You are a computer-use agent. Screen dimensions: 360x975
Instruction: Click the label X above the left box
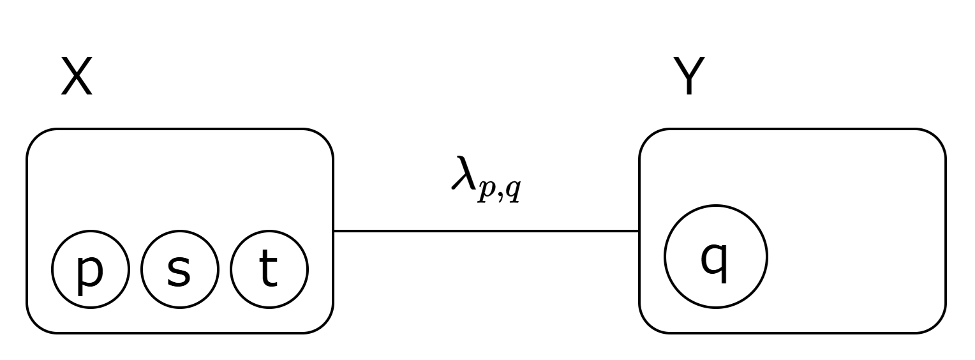[x=77, y=77]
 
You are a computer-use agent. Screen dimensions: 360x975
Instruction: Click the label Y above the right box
[x=689, y=77]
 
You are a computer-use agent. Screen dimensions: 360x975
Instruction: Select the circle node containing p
[x=91, y=269]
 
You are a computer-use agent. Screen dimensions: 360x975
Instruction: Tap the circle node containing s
[x=180, y=269]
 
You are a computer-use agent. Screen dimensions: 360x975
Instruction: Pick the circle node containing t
[x=269, y=269]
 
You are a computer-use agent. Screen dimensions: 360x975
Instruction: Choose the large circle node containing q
[x=716, y=257]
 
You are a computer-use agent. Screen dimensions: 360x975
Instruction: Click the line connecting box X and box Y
[x=486, y=231]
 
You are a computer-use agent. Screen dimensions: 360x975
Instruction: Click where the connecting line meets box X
[x=334, y=231]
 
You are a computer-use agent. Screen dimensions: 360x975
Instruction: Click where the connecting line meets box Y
[x=639, y=231]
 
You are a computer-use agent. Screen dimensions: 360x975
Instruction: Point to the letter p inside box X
[x=89, y=271]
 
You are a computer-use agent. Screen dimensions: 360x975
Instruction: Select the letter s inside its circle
[x=179, y=271]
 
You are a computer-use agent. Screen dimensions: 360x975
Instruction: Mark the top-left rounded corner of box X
[x=36, y=138]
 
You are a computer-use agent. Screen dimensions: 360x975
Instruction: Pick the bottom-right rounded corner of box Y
[x=936, y=324]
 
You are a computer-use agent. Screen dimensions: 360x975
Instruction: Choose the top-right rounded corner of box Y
[x=936, y=138]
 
